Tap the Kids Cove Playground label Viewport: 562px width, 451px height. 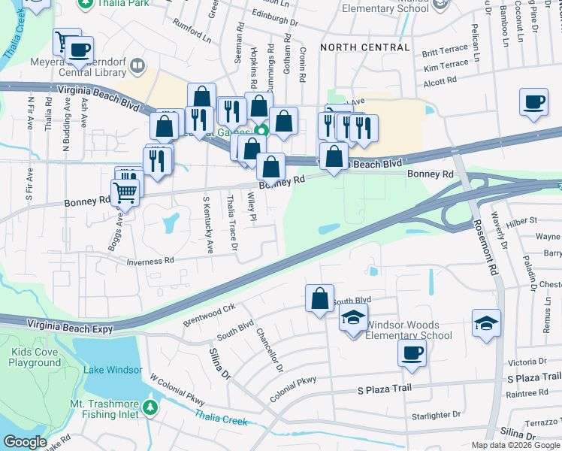(x=35, y=357)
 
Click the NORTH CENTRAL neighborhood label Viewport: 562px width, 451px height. (x=364, y=47)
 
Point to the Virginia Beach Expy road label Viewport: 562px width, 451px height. (x=70, y=327)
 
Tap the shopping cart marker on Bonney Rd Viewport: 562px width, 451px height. (x=126, y=193)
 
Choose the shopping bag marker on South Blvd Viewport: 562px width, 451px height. (x=319, y=298)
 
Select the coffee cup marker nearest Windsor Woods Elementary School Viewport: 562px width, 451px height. (x=411, y=353)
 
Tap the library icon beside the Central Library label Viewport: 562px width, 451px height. (x=137, y=66)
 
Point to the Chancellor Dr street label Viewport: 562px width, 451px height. (x=269, y=351)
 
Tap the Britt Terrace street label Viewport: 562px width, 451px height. (x=445, y=53)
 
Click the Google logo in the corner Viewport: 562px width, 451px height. (x=25, y=442)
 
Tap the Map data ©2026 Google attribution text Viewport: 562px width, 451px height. (x=515, y=445)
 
